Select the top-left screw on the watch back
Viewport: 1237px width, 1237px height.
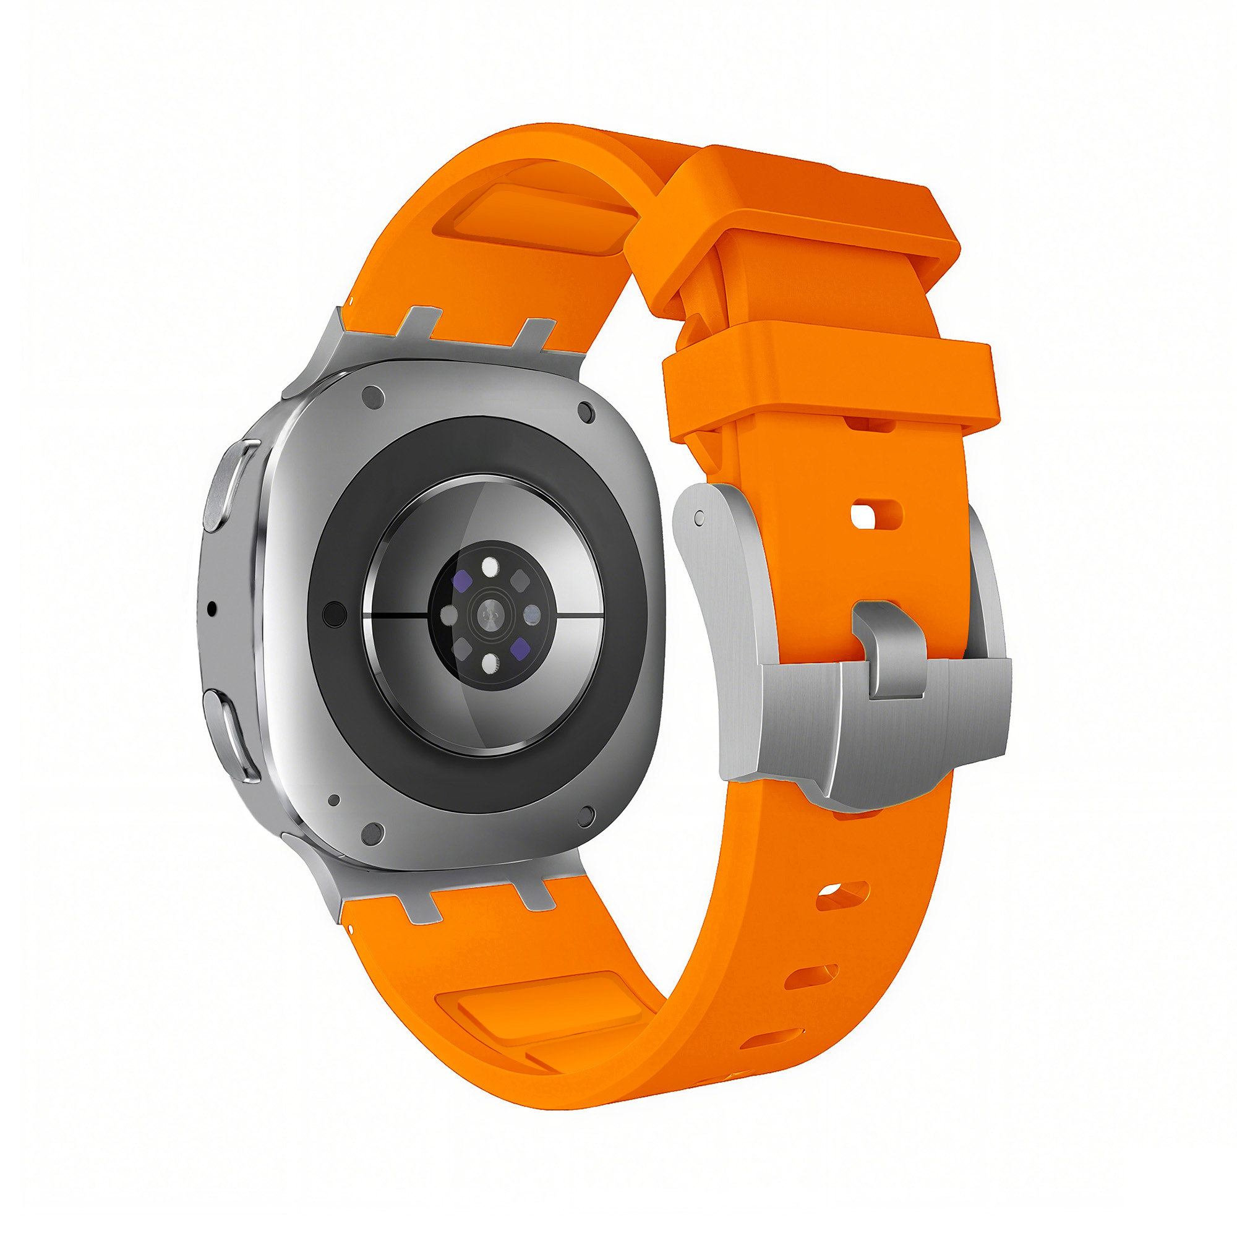(374, 398)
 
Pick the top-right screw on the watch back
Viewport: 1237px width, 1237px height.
(585, 413)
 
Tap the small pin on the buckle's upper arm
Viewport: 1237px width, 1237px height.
(699, 516)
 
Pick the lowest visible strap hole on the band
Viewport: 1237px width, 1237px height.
(771, 1040)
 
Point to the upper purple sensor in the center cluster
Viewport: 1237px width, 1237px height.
(462, 581)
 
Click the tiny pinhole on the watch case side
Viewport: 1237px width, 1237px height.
(213, 609)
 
